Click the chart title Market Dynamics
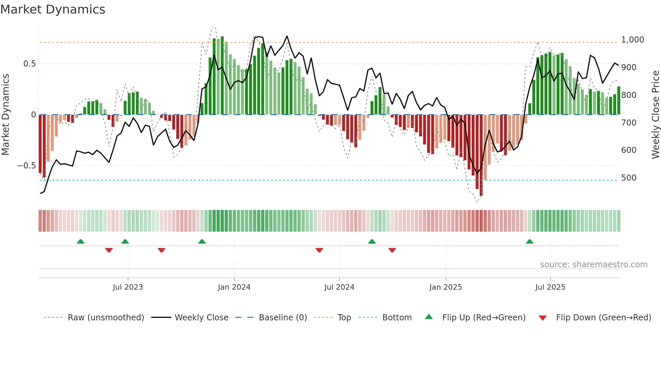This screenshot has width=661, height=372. click(x=53, y=9)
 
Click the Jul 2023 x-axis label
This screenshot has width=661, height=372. click(x=128, y=287)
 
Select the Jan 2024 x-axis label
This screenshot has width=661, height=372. click(x=234, y=287)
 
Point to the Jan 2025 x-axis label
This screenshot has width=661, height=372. click(x=446, y=287)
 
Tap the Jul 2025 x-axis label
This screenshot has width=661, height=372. click(x=550, y=287)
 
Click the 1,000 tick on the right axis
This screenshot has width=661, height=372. click(x=632, y=40)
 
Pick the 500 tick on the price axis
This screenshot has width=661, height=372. click(x=629, y=178)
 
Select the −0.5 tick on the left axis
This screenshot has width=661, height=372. click(x=26, y=166)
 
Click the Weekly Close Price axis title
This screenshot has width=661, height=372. click(x=655, y=115)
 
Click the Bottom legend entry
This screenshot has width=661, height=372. click(x=397, y=318)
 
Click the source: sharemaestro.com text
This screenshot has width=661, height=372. click(x=594, y=265)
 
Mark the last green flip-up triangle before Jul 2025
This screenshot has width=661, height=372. click(x=529, y=242)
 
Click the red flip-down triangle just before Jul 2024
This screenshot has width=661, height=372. click(x=319, y=250)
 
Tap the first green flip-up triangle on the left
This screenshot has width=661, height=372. click(x=81, y=242)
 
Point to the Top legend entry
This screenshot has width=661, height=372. click(x=344, y=318)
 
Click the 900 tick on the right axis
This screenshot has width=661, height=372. click(x=629, y=68)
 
